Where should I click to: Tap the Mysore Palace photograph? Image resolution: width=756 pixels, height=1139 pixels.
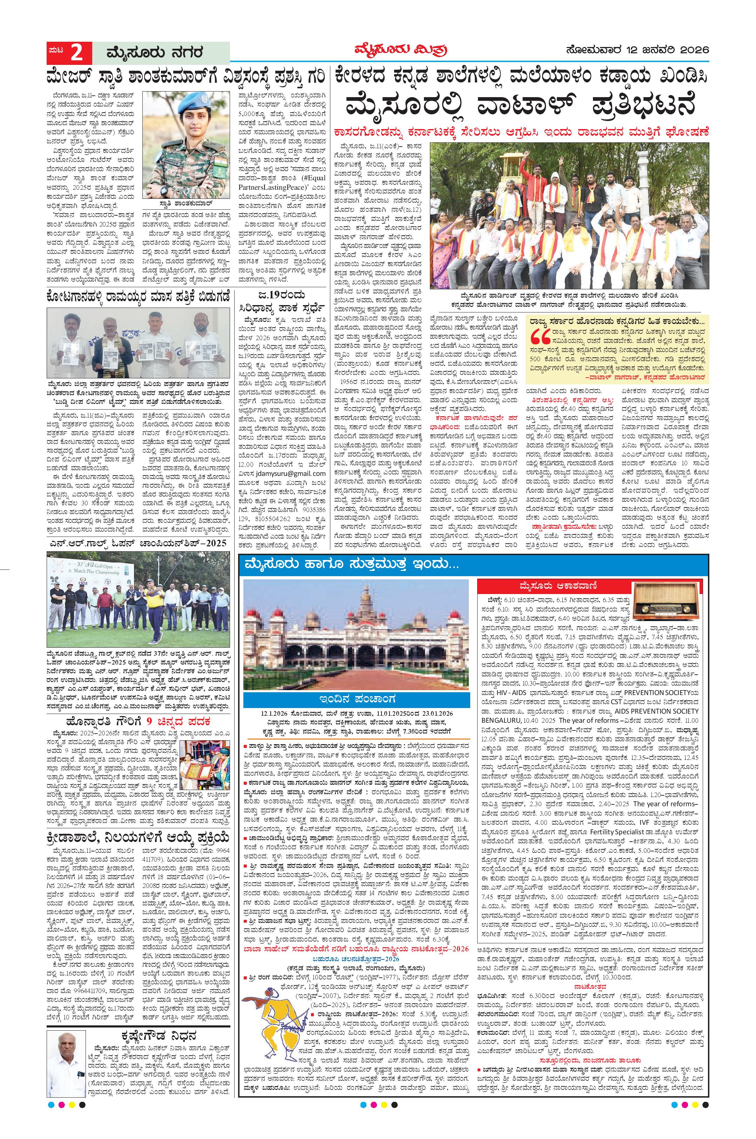click(355, 635)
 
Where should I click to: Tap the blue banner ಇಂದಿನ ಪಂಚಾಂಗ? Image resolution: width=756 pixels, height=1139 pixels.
click(356, 699)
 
